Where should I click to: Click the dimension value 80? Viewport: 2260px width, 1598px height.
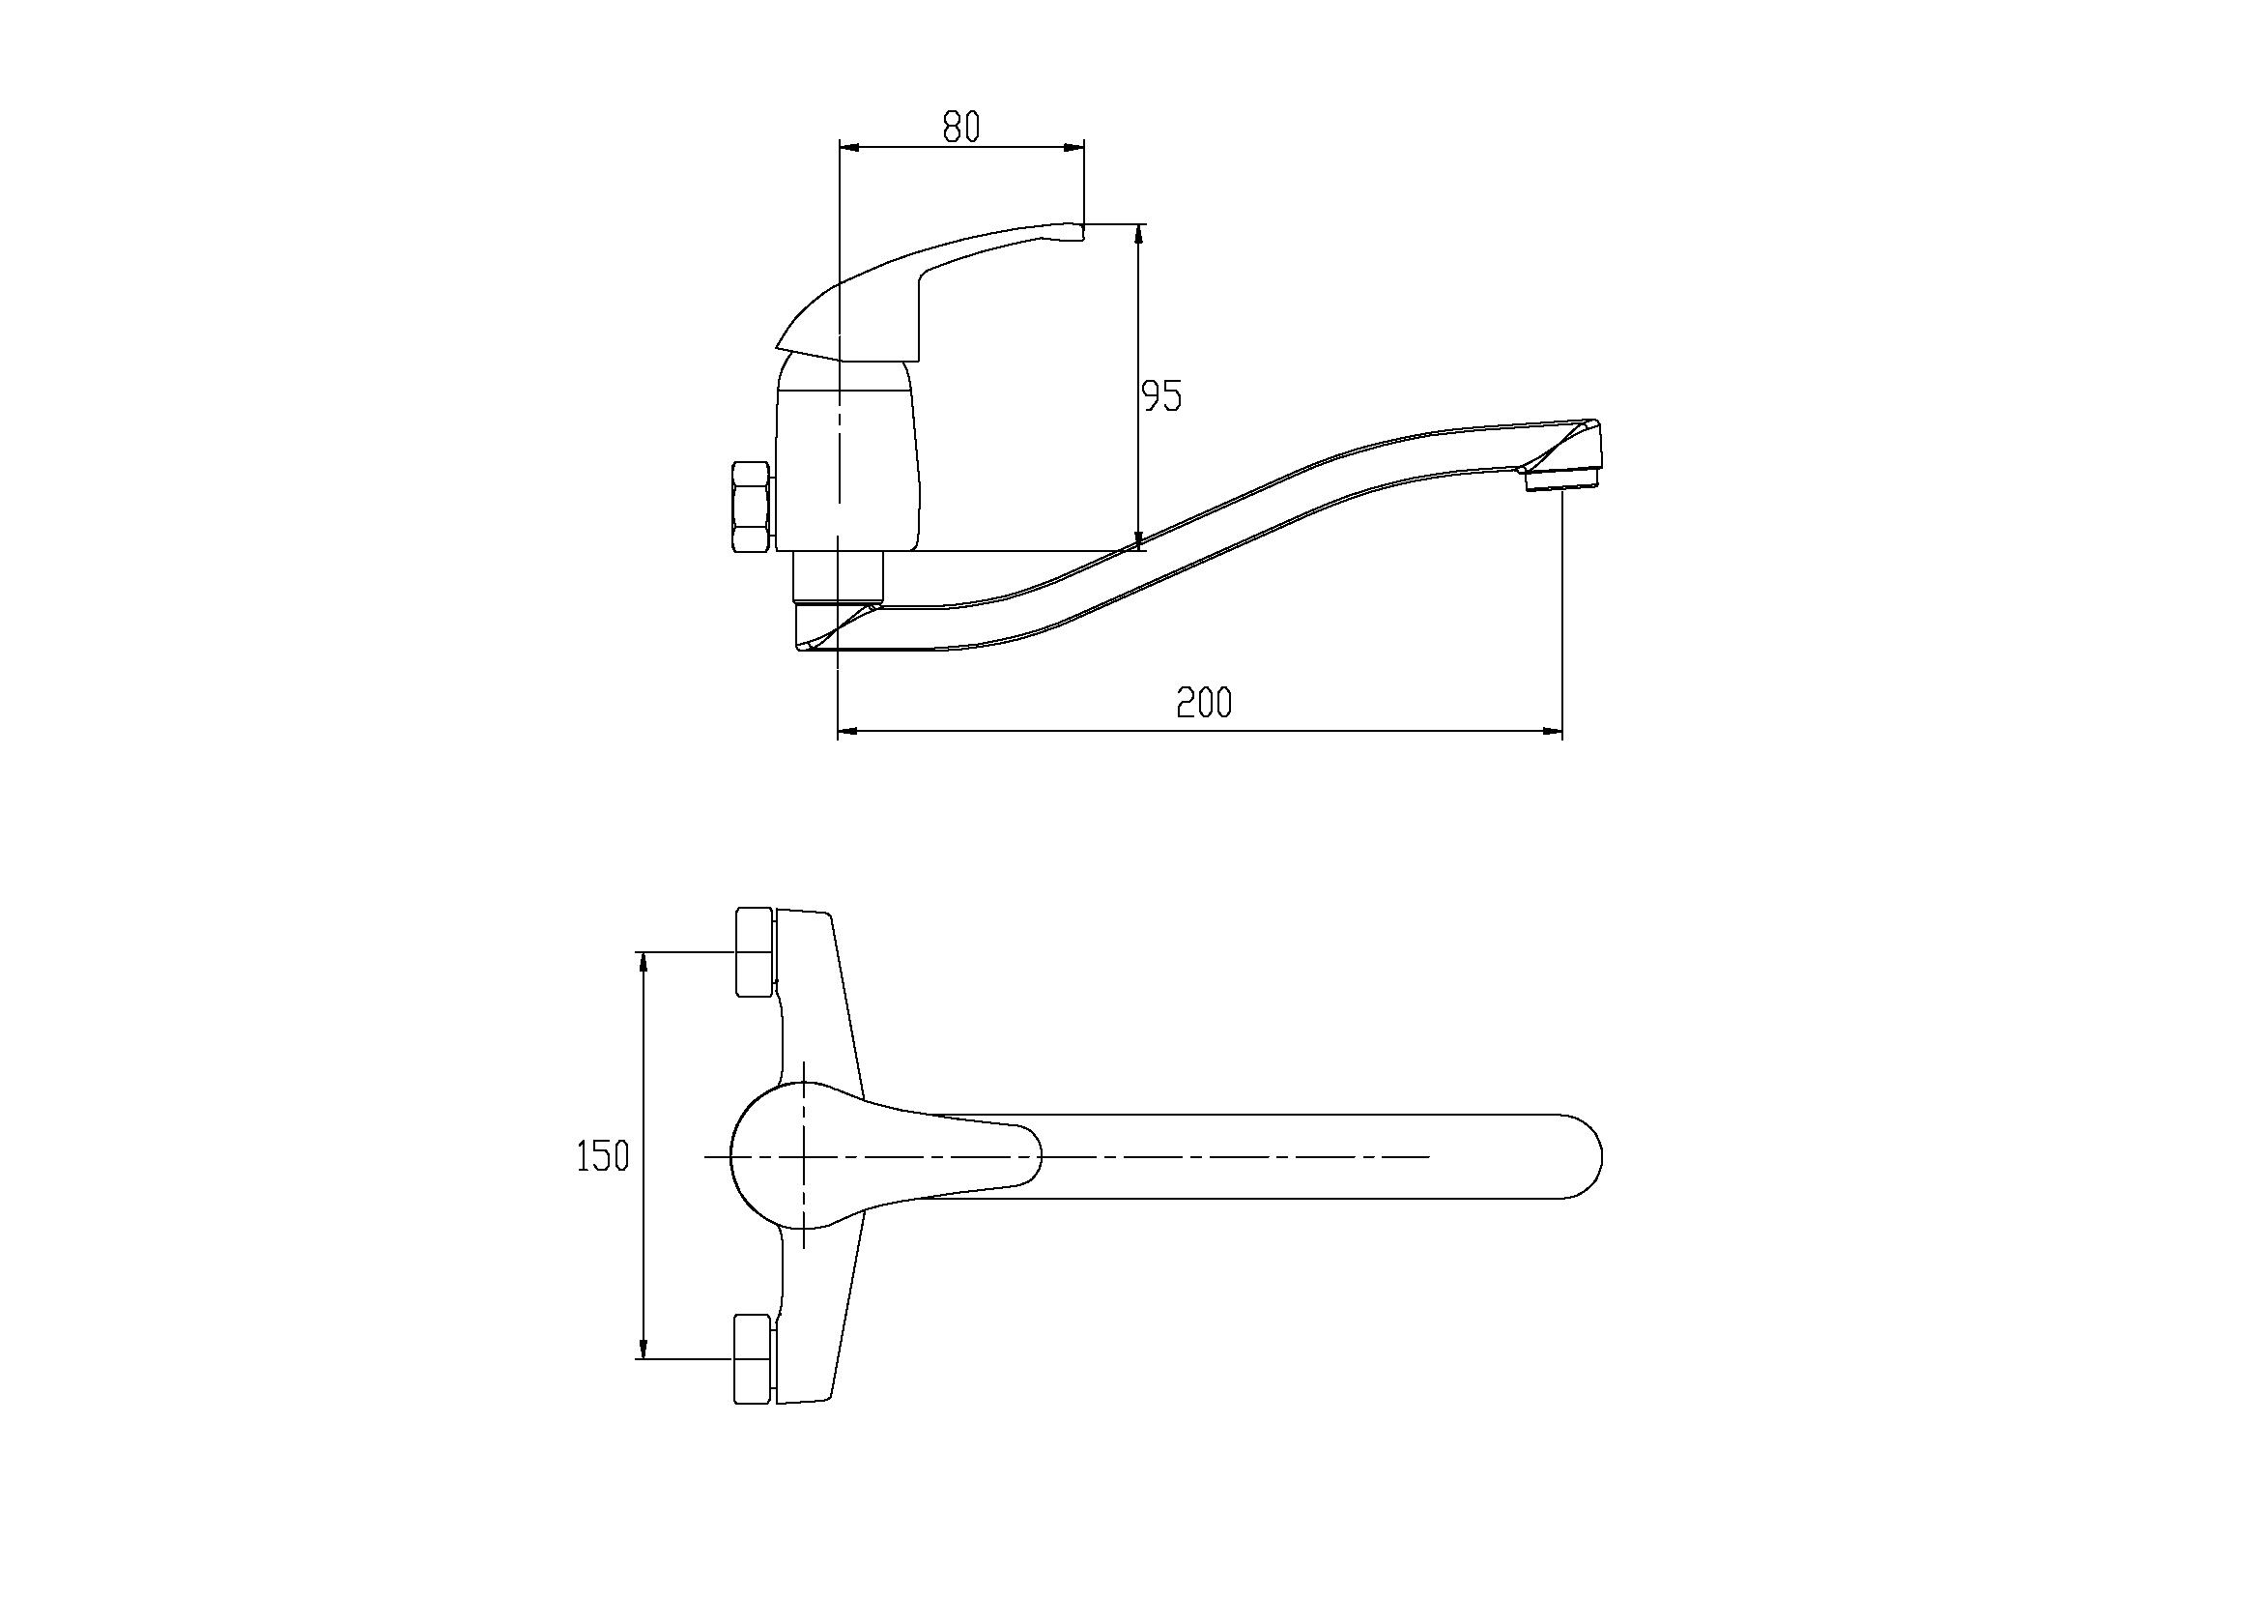click(961, 126)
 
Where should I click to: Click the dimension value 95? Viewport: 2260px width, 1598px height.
click(1161, 395)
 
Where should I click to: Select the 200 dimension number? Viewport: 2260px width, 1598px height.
click(1204, 703)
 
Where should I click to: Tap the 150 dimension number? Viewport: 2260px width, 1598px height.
click(602, 1156)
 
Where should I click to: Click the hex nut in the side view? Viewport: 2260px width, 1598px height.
click(752, 507)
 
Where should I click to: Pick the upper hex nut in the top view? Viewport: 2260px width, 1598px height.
click(755, 952)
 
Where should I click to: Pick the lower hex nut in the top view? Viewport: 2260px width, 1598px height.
click(755, 1359)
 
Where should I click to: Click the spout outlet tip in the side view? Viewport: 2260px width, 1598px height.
click(1562, 479)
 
